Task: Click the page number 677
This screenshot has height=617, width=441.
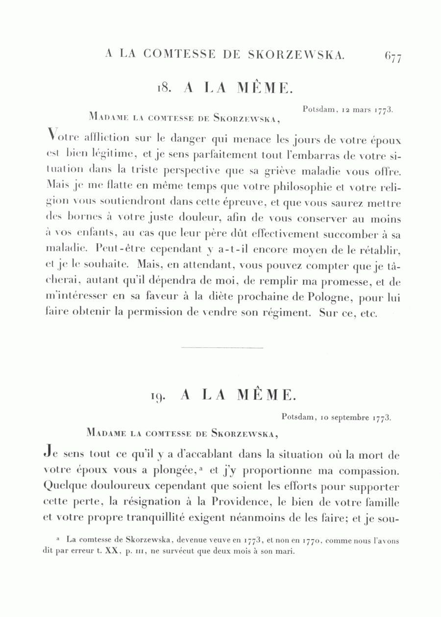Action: pyautogui.click(x=393, y=58)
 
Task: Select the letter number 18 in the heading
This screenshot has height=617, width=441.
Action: pyautogui.click(x=163, y=88)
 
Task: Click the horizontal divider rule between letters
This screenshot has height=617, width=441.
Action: pyautogui.click(x=222, y=348)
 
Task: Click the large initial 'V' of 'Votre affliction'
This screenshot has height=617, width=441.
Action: pyautogui.click(x=49, y=135)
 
